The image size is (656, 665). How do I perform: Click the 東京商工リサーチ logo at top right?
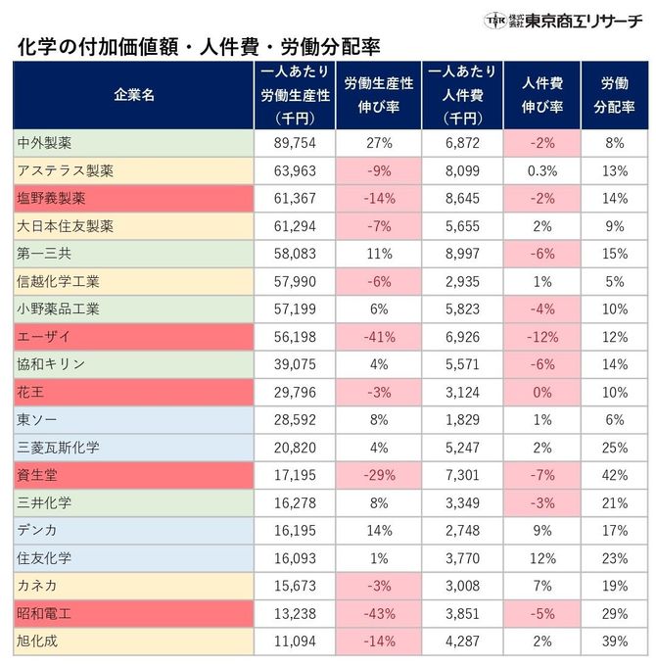point(564,21)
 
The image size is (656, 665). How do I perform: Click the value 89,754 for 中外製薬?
point(293,143)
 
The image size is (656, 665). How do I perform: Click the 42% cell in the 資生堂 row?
point(613,475)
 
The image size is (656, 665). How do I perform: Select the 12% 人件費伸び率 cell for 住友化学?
point(541,558)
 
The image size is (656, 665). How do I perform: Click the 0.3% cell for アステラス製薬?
point(541,170)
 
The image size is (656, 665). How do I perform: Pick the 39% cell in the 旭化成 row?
point(613,641)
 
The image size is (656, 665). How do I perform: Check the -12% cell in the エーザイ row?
point(541,336)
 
